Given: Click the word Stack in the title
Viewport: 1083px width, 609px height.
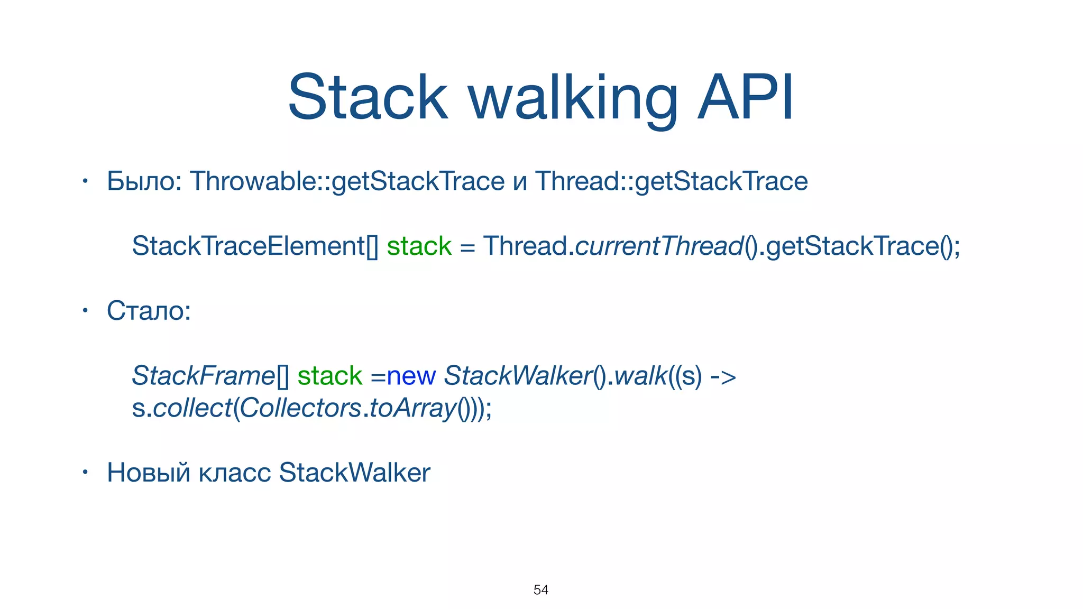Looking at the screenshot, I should click(368, 98).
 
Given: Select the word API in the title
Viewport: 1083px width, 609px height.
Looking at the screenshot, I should click(745, 98).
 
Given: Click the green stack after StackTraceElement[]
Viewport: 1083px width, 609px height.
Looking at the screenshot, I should click(419, 246).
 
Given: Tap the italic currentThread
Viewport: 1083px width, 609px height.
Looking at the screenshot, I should click(659, 246).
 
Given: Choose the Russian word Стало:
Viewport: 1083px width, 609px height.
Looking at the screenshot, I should click(149, 311).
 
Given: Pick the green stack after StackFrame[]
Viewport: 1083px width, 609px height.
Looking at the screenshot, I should click(329, 376).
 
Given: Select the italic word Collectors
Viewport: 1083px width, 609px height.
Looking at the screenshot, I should click(301, 409).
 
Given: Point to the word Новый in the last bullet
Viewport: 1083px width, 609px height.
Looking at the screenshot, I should click(148, 473).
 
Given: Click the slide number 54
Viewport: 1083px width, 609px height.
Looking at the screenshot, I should click(540, 590).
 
